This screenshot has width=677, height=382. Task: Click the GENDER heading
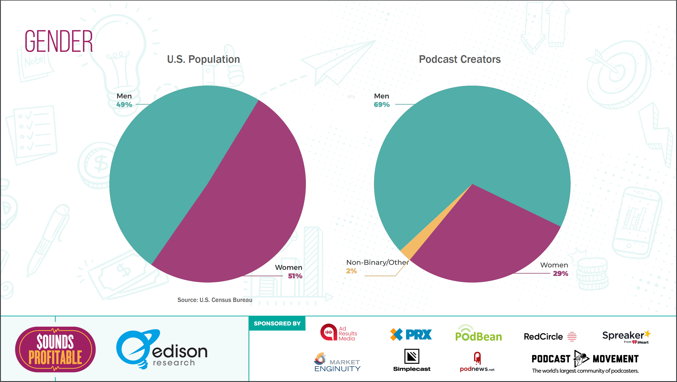tap(59, 41)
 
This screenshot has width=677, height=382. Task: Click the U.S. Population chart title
tap(203, 59)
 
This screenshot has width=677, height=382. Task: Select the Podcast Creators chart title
tap(460, 59)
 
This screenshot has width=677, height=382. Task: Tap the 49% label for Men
tap(124, 105)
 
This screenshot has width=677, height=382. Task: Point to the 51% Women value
tap(295, 276)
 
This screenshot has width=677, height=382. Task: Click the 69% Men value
tap(381, 105)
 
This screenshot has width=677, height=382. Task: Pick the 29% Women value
tap(560, 274)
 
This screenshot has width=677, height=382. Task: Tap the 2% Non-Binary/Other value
tap(351, 271)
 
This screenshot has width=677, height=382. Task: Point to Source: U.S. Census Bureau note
tap(215, 300)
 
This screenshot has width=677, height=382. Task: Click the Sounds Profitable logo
tap(55, 349)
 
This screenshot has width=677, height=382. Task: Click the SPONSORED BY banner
tap(277, 324)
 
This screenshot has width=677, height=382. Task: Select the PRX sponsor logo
tap(411, 334)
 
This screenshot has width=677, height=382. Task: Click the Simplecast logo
tap(412, 360)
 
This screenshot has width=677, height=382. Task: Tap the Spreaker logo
tap(626, 336)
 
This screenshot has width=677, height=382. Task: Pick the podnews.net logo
tap(477, 362)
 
